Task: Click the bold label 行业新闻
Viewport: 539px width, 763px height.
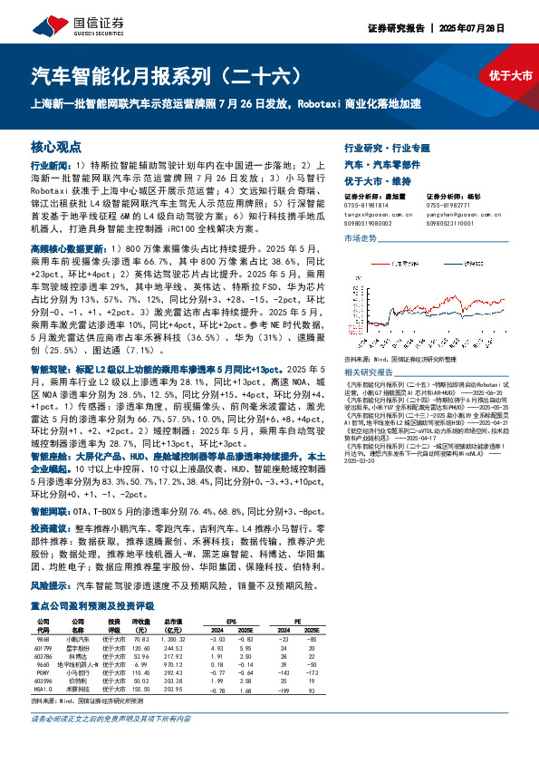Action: tap(49, 167)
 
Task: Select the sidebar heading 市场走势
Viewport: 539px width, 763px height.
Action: tap(360, 237)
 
